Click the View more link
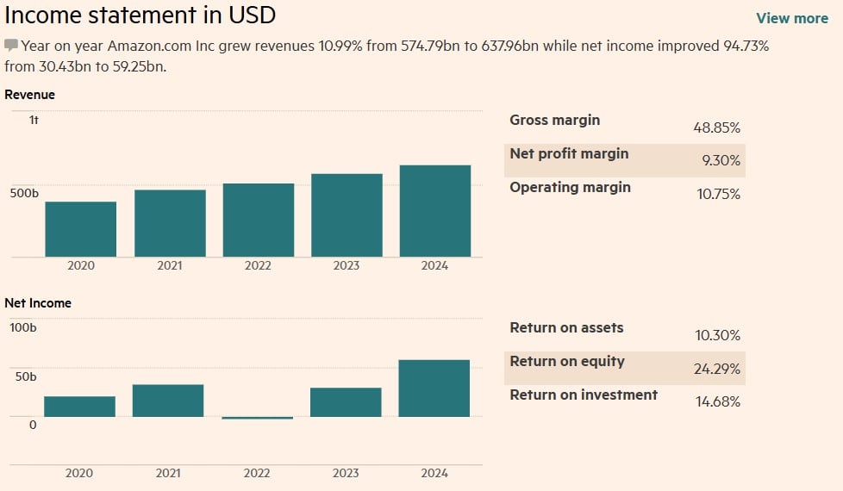pos(791,18)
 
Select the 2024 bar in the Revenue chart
pos(434,211)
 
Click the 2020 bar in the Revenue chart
pos(80,229)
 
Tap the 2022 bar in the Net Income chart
pos(257,418)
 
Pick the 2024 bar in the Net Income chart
pos(434,388)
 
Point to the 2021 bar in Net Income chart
pos(168,401)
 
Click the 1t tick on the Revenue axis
pos(34,120)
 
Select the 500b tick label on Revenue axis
pos(24,193)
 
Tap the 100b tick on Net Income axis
pos(23,327)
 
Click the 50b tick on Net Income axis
pos(23,376)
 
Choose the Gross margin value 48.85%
pos(716,127)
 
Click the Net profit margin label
pos(569,153)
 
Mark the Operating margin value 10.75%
pos(718,194)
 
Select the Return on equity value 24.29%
pos(716,369)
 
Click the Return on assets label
pos(566,327)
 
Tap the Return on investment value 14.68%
pos(717,401)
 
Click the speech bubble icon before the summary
pos(11,45)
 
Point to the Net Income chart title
pos(38,303)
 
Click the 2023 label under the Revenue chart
pos(346,266)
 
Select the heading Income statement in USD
pos(140,15)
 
